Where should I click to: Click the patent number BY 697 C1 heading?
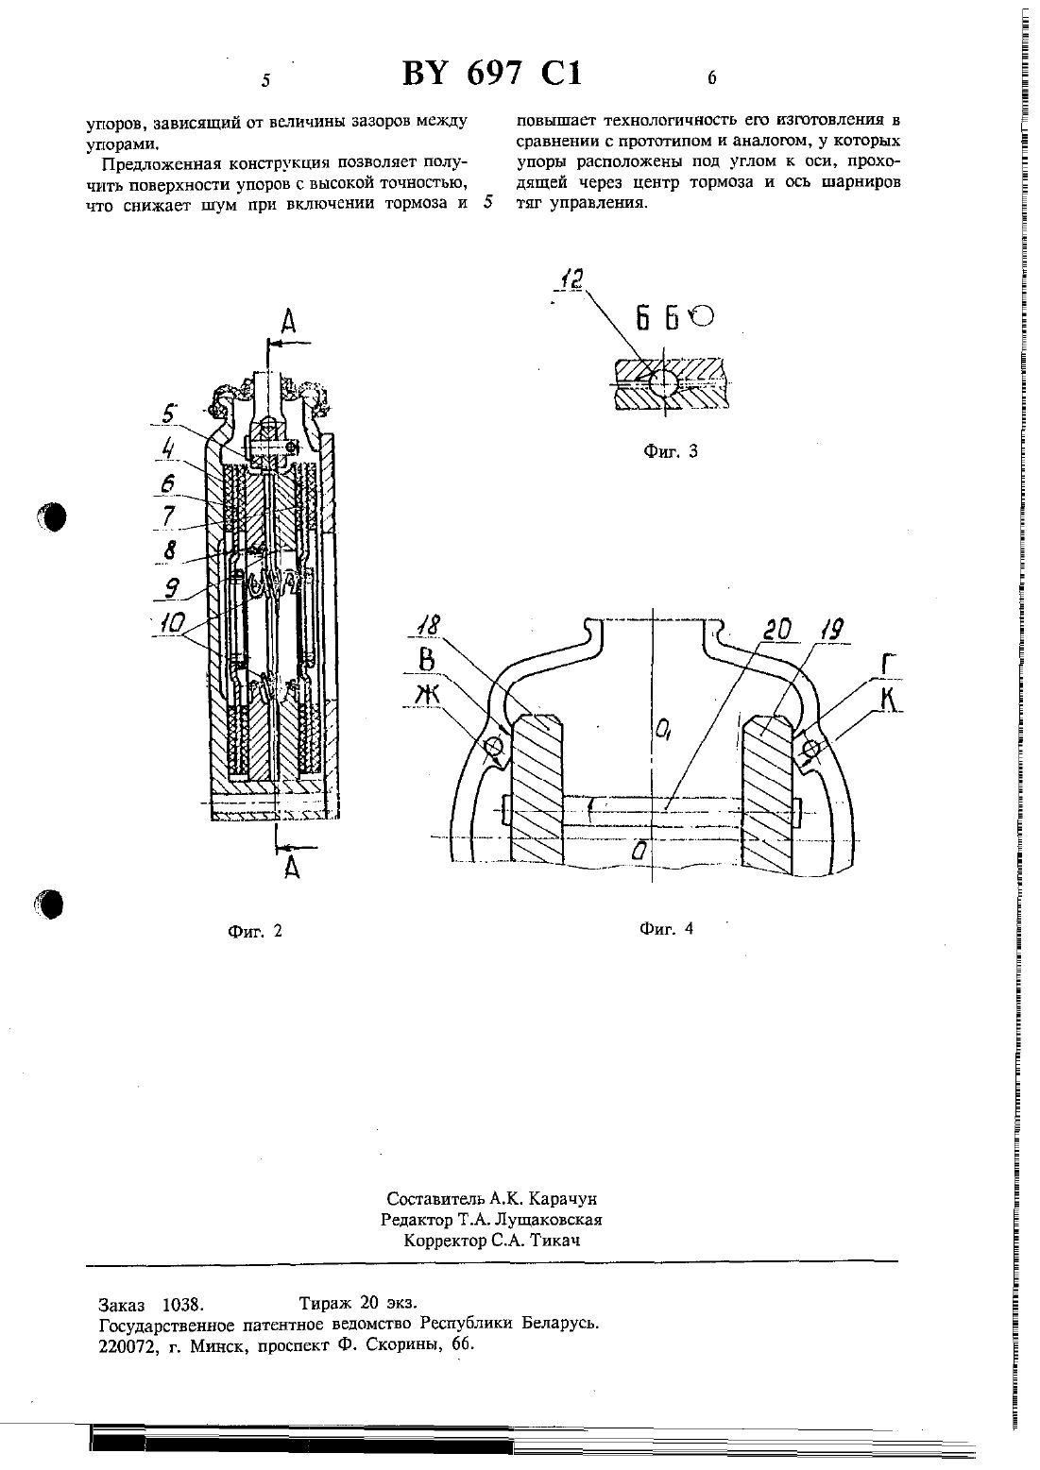point(492,74)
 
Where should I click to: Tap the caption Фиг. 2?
point(255,931)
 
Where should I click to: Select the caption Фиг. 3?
point(671,451)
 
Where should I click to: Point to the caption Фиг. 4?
point(667,929)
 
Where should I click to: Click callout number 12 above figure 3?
point(571,279)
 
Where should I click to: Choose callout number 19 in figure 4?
point(830,631)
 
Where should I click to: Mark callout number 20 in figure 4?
point(777,630)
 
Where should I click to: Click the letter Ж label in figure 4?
point(428,694)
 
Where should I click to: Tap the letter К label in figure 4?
point(889,701)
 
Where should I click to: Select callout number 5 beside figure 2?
point(169,414)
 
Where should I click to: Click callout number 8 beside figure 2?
point(169,549)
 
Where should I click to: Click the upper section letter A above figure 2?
point(288,322)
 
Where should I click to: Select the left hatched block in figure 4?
point(537,788)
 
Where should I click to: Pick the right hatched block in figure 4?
point(768,794)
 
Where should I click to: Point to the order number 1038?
point(183,1303)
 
